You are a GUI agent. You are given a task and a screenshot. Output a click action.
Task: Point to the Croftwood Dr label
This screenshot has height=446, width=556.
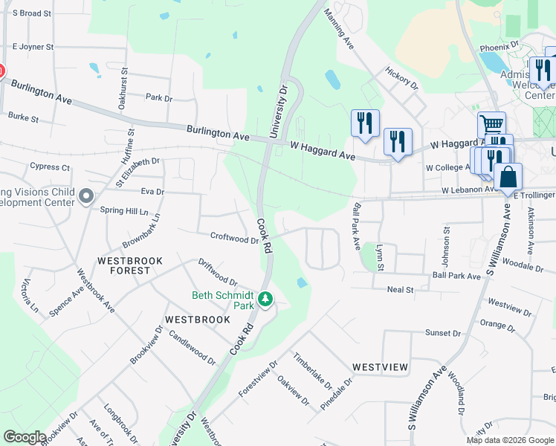[x=234, y=239]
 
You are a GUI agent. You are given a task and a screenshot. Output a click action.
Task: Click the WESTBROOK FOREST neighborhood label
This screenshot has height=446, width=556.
[x=123, y=266]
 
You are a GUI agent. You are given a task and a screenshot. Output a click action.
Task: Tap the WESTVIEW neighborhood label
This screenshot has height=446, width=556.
[x=380, y=367]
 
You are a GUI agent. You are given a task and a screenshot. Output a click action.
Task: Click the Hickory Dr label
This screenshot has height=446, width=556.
[x=401, y=78]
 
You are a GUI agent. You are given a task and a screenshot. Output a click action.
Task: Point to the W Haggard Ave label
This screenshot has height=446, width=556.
[x=323, y=151]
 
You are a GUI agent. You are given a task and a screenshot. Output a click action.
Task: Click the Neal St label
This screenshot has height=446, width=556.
[x=400, y=289]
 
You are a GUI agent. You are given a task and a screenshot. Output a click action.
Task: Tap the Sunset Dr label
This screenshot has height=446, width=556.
[x=438, y=332]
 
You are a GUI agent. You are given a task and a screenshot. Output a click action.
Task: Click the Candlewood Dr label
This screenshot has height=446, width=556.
[x=192, y=348]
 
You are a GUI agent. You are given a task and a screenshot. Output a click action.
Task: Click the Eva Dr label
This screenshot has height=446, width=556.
[x=152, y=191]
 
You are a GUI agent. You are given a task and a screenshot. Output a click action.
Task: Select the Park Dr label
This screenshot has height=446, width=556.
[x=158, y=97]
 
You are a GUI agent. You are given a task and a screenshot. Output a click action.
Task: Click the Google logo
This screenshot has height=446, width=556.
[x=25, y=437]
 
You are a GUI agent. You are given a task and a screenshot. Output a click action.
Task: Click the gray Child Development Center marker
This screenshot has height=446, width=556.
[x=86, y=197]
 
